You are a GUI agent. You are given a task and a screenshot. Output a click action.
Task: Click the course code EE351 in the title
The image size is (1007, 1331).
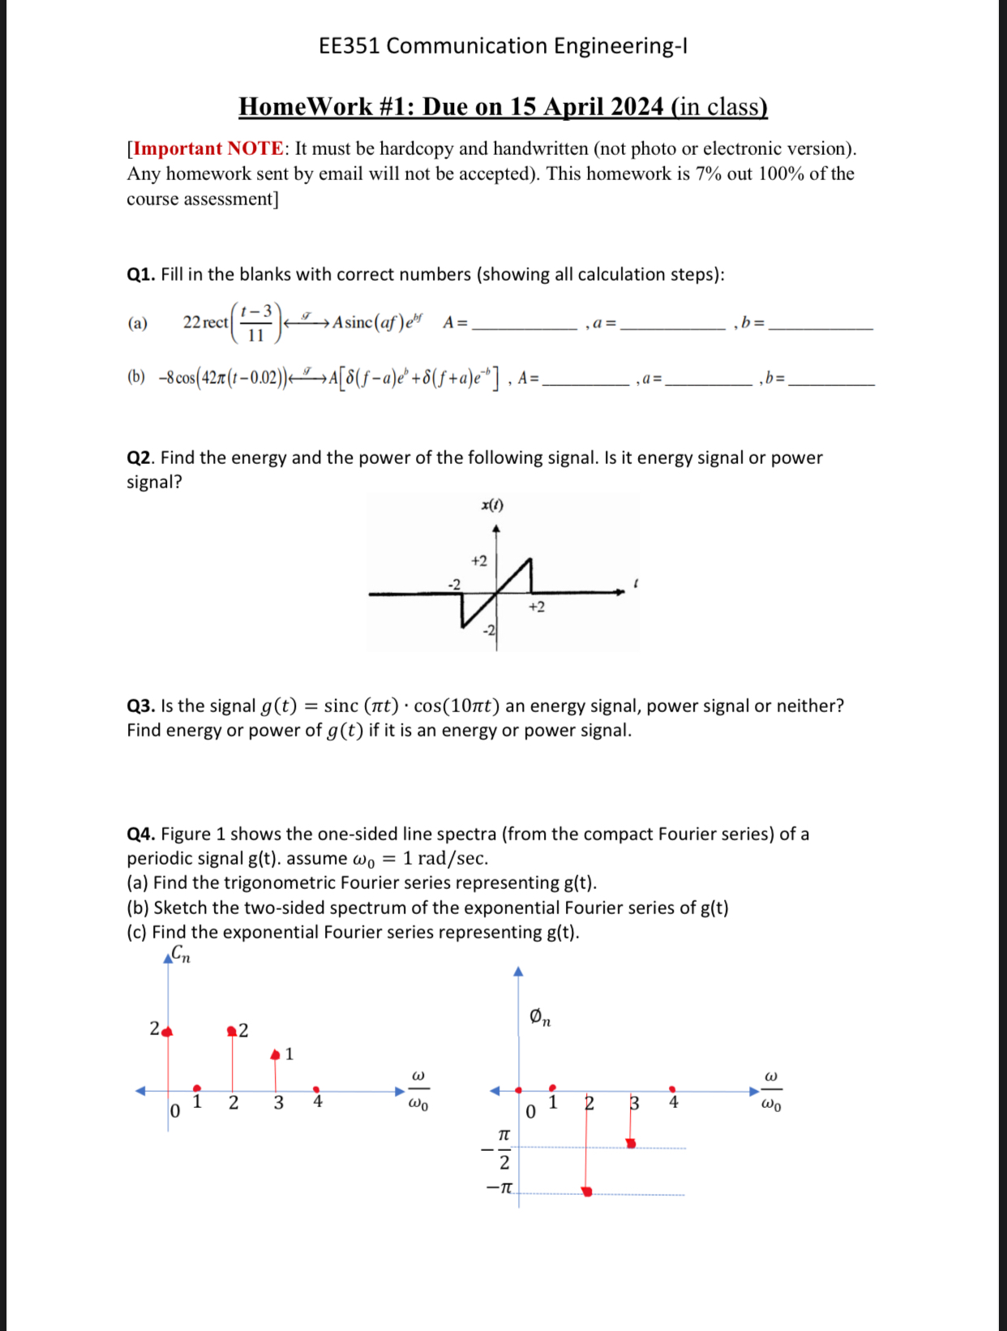(349, 46)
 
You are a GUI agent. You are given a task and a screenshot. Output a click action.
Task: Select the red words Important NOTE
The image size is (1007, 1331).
(208, 148)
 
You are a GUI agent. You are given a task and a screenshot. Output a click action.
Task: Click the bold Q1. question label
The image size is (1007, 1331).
(141, 275)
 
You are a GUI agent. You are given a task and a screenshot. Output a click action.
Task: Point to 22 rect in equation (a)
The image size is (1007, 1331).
(206, 322)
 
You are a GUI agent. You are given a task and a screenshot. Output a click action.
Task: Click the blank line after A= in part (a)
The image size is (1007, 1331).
(524, 327)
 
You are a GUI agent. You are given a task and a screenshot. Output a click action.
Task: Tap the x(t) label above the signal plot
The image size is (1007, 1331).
(492, 505)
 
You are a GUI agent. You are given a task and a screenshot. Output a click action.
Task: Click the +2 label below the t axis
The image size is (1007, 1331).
(537, 607)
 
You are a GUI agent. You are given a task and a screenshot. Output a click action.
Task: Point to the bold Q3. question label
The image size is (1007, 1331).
(141, 706)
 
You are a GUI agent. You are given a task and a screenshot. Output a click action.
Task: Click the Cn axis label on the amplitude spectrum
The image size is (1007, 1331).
(181, 955)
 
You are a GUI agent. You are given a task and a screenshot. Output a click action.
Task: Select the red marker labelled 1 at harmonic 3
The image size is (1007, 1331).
(276, 1054)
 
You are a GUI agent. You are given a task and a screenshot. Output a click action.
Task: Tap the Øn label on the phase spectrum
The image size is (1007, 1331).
(540, 1016)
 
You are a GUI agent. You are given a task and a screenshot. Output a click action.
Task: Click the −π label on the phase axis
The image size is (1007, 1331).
(499, 1188)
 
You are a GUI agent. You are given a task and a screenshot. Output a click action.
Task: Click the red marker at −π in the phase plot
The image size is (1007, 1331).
(587, 1191)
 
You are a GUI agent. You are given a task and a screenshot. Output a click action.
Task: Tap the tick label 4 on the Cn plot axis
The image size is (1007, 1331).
(318, 1101)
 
